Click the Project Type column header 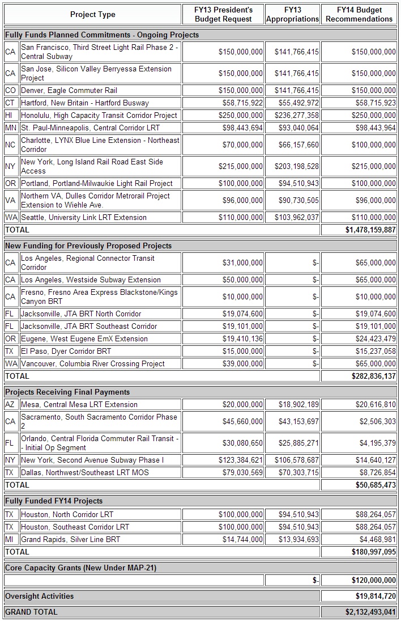point(92,14)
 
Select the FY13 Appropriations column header point(292,14)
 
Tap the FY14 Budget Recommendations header point(359,14)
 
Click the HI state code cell point(10,115)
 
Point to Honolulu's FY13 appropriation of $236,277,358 point(297,115)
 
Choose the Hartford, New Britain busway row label point(85,103)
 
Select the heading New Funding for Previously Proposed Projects point(88,246)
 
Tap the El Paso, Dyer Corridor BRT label point(66,351)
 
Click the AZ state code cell point(10,404)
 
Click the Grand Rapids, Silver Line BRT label point(70,539)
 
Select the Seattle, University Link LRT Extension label point(83,217)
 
